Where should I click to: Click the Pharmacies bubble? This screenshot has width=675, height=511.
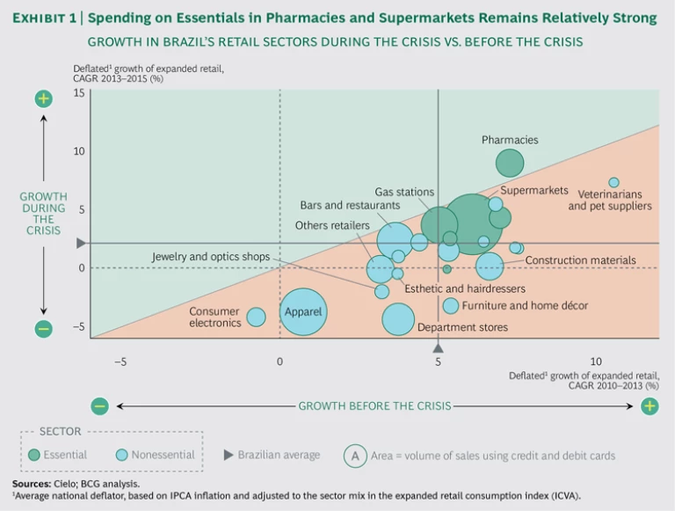[x=510, y=163]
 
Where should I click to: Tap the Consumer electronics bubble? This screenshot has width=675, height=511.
[x=256, y=317]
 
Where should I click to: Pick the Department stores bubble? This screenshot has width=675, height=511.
[x=399, y=319]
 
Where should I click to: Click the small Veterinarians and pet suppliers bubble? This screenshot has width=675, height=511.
[x=614, y=183]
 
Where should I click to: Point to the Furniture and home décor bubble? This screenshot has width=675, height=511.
[x=451, y=305]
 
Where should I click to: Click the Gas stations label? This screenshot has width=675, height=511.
[x=404, y=192]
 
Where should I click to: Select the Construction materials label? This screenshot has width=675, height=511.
[x=580, y=260]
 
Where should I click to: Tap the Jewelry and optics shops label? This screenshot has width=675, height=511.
[x=210, y=257]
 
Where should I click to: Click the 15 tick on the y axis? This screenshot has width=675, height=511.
[x=78, y=92]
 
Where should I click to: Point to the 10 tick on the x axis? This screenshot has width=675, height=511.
[x=595, y=361]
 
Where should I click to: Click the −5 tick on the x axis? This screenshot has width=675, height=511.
[x=120, y=361]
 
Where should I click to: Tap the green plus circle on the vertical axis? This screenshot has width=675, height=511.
[x=43, y=99]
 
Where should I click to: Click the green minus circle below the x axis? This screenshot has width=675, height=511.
[x=99, y=405]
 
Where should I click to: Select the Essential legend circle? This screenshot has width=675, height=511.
[x=34, y=455]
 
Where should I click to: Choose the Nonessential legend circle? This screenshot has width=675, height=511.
[x=122, y=455]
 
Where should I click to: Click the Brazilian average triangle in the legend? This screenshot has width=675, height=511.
[x=229, y=455]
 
